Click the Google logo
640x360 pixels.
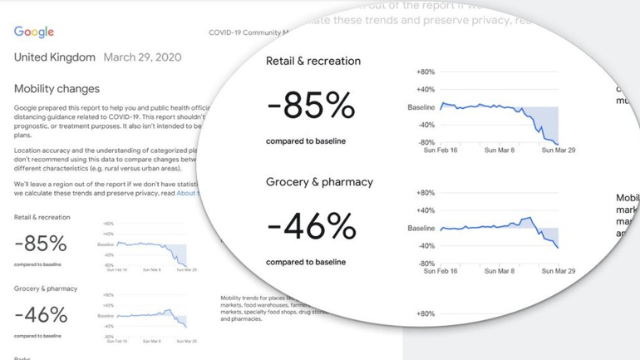[x=34, y=32]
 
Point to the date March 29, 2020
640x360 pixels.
[x=142, y=58]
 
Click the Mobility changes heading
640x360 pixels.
[x=57, y=89]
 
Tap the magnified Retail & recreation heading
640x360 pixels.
[x=313, y=61]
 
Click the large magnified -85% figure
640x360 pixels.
[x=311, y=106]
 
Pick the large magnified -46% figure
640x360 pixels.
[x=311, y=226]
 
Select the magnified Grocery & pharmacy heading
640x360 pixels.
[x=319, y=182]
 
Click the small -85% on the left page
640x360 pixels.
[x=41, y=244]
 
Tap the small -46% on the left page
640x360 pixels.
[x=41, y=315]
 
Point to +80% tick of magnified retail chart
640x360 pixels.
[x=425, y=72]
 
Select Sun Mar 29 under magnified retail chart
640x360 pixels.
[x=559, y=150]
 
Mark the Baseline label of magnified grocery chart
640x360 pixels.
[x=421, y=228]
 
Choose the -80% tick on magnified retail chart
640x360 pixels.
[x=426, y=142]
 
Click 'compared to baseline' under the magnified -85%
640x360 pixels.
[x=306, y=141]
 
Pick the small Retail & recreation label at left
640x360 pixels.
[x=42, y=218]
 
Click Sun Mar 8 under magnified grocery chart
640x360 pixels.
[x=500, y=271]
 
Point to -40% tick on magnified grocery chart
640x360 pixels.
[x=426, y=245]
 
